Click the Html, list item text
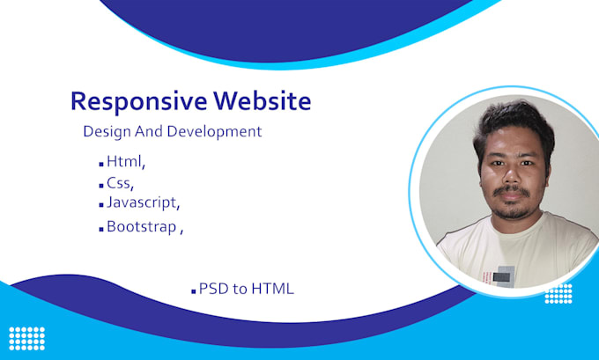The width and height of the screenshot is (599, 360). pyautogui.click(x=125, y=161)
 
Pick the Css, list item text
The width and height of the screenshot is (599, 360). pyautogui.click(x=120, y=183)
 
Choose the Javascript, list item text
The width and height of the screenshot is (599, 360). pyautogui.click(x=143, y=202)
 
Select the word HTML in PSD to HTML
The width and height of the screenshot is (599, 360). pyautogui.click(x=273, y=289)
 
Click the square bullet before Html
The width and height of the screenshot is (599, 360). pyautogui.click(x=100, y=164)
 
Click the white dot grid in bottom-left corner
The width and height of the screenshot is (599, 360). pyautogui.click(x=26, y=338)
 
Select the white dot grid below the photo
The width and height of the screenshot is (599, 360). pyautogui.click(x=558, y=293)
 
